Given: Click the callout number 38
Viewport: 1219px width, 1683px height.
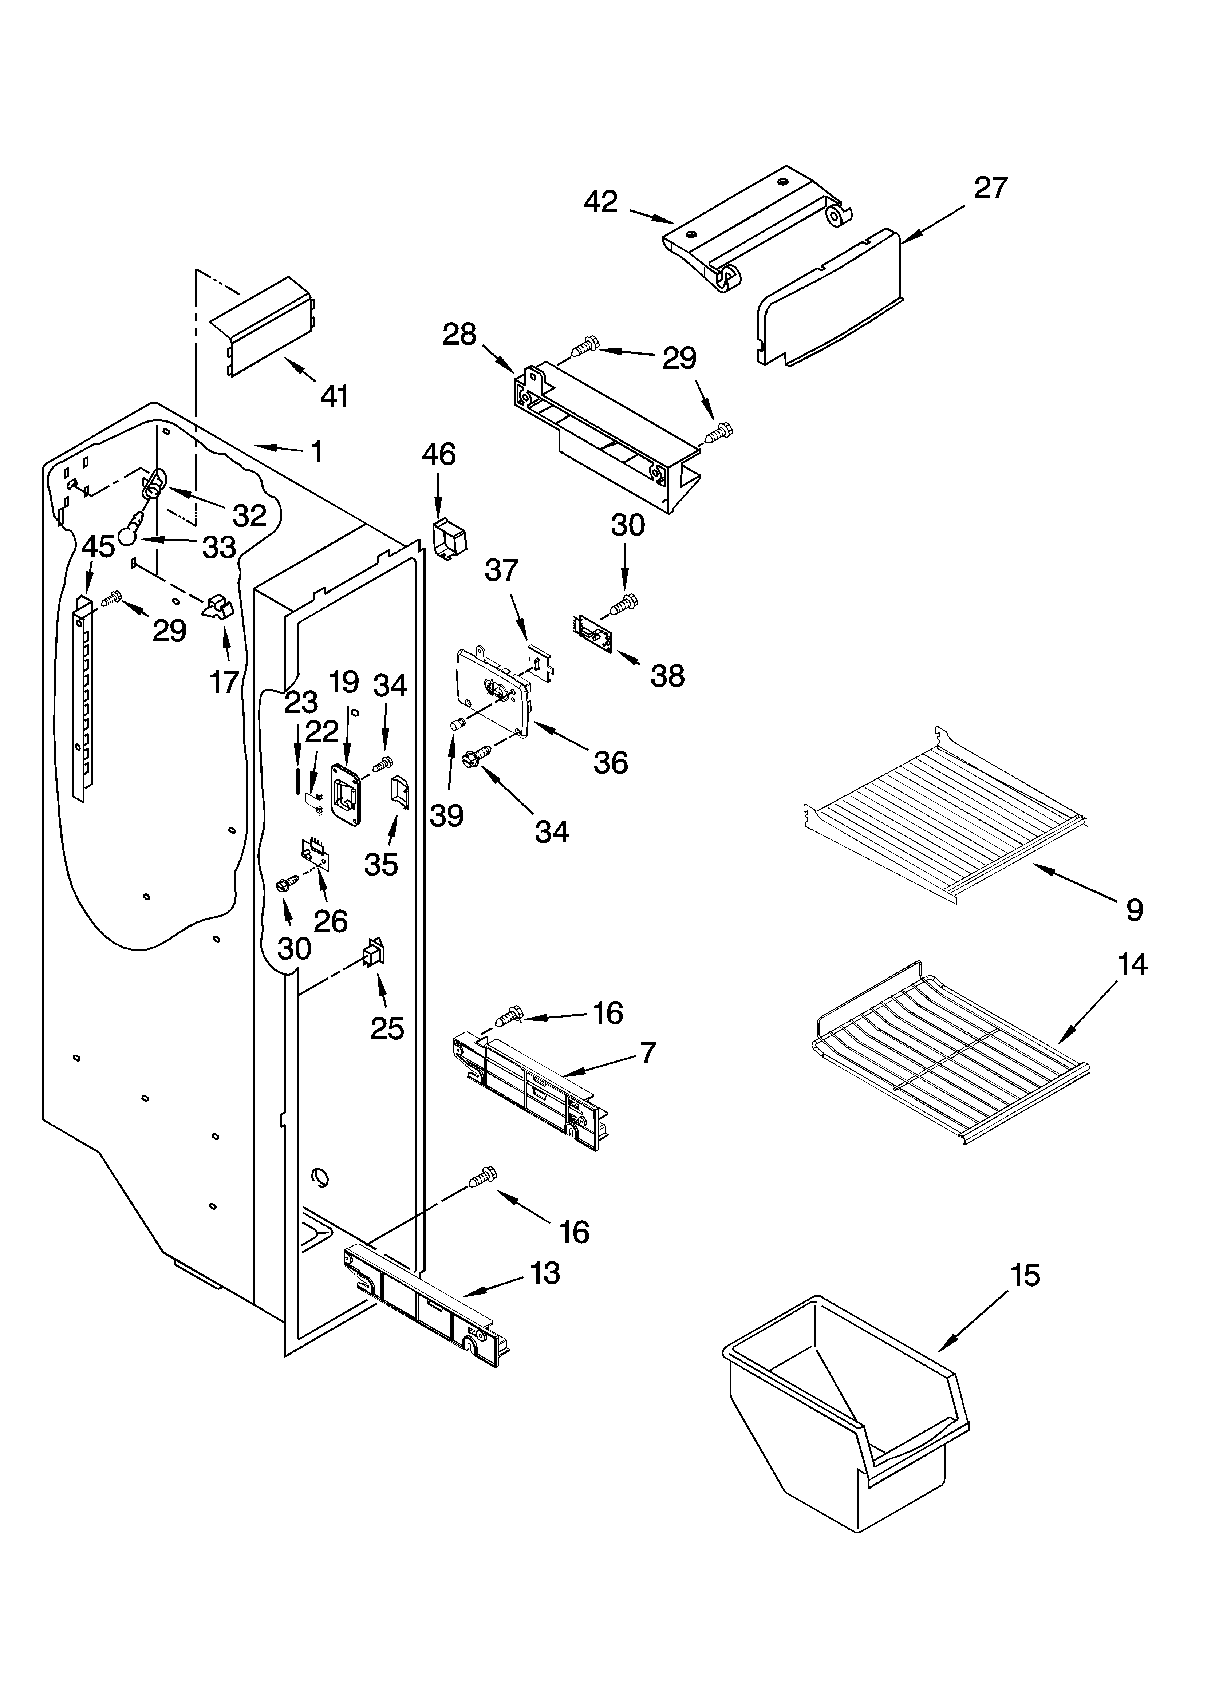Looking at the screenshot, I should tap(667, 676).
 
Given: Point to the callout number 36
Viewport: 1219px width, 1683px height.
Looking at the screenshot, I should tap(610, 762).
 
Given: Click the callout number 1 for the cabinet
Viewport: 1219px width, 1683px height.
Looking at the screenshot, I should tap(316, 452).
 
